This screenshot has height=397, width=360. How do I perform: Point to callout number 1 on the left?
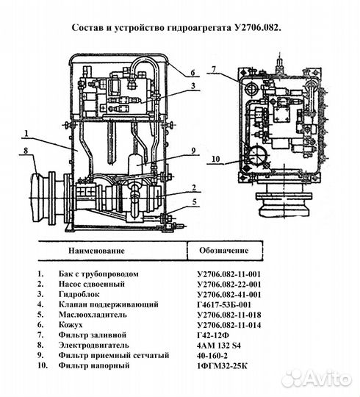[24, 135]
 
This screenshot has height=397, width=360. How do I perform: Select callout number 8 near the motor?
[26, 152]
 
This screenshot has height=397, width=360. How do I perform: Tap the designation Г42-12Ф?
[212, 333]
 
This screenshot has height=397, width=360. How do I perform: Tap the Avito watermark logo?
[317, 377]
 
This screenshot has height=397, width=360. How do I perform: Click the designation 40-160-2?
[212, 354]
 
